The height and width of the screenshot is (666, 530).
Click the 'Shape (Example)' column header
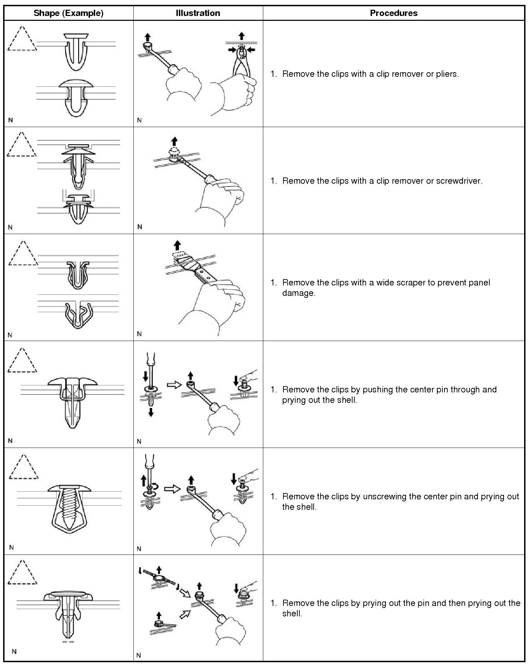68,13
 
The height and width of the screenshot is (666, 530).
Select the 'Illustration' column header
198,13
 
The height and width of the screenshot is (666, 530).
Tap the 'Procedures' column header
394,13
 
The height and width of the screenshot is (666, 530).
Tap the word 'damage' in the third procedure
298,293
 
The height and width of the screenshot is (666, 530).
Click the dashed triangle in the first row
22,39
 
